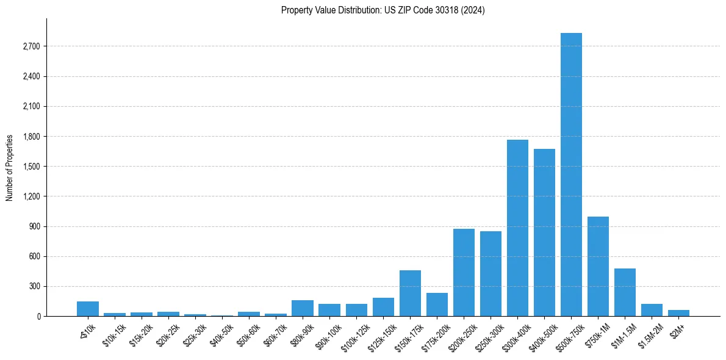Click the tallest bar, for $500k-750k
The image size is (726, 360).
coord(571,175)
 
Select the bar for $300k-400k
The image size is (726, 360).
coord(517,228)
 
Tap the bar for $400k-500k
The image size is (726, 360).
coord(544,232)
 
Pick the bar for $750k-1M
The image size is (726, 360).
coord(598,267)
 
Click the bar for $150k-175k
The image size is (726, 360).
coord(410,293)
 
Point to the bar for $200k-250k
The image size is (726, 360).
coord(464,273)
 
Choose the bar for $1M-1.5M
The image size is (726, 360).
coord(625,292)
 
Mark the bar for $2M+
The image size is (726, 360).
coord(678,313)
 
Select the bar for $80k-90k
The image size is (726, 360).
coord(303,308)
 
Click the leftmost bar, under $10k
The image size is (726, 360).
coord(88,309)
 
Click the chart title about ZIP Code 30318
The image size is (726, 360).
coord(383,10)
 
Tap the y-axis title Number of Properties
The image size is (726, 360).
coord(10,167)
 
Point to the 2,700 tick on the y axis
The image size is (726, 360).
coord(31,46)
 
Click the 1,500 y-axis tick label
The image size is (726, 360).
coord(31,167)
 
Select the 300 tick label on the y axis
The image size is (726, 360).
coord(34,286)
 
